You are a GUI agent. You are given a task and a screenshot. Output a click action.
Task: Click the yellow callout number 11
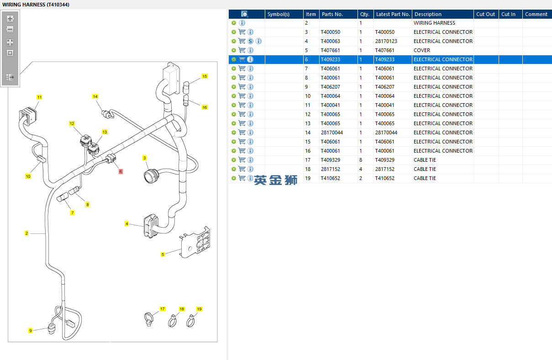pos(39,97)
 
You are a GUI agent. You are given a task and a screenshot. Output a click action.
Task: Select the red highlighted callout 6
pos(121,171)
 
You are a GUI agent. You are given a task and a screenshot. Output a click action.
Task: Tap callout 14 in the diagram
pos(95,96)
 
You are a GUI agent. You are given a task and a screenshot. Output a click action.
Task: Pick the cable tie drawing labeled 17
pos(148,319)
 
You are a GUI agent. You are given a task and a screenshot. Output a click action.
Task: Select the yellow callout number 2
pos(26,233)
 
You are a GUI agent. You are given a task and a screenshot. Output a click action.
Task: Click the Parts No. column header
pos(332,14)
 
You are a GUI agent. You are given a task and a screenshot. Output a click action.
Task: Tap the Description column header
pos(428,14)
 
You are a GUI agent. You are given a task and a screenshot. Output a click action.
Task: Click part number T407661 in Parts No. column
pos(330,50)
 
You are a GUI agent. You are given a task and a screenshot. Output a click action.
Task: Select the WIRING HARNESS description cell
pos(434,23)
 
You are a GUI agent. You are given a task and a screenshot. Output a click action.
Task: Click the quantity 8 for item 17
pos(361,160)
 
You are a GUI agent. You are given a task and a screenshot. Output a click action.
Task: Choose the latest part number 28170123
pos(386,41)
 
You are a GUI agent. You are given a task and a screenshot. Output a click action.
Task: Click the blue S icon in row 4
pos(250,41)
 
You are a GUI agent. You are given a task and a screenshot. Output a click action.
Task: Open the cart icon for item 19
pos(242,178)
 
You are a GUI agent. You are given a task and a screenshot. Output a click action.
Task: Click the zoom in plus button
pos(10,19)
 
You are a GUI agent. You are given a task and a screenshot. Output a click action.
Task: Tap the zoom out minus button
pos(10,29)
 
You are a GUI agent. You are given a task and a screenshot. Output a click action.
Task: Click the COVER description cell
pos(422,50)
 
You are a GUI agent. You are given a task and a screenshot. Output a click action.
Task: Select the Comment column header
pos(536,14)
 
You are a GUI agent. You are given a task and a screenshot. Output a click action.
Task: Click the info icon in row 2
pos(242,23)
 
